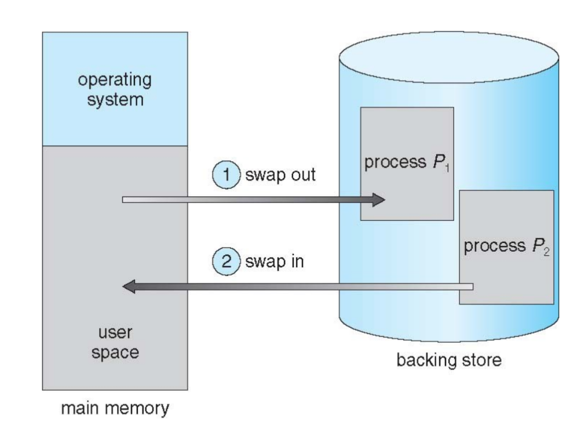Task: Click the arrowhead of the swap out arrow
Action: pyautogui.click(x=378, y=200)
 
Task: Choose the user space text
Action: pyautogui.click(x=114, y=343)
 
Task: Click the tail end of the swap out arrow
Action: pyautogui.click(x=124, y=200)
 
